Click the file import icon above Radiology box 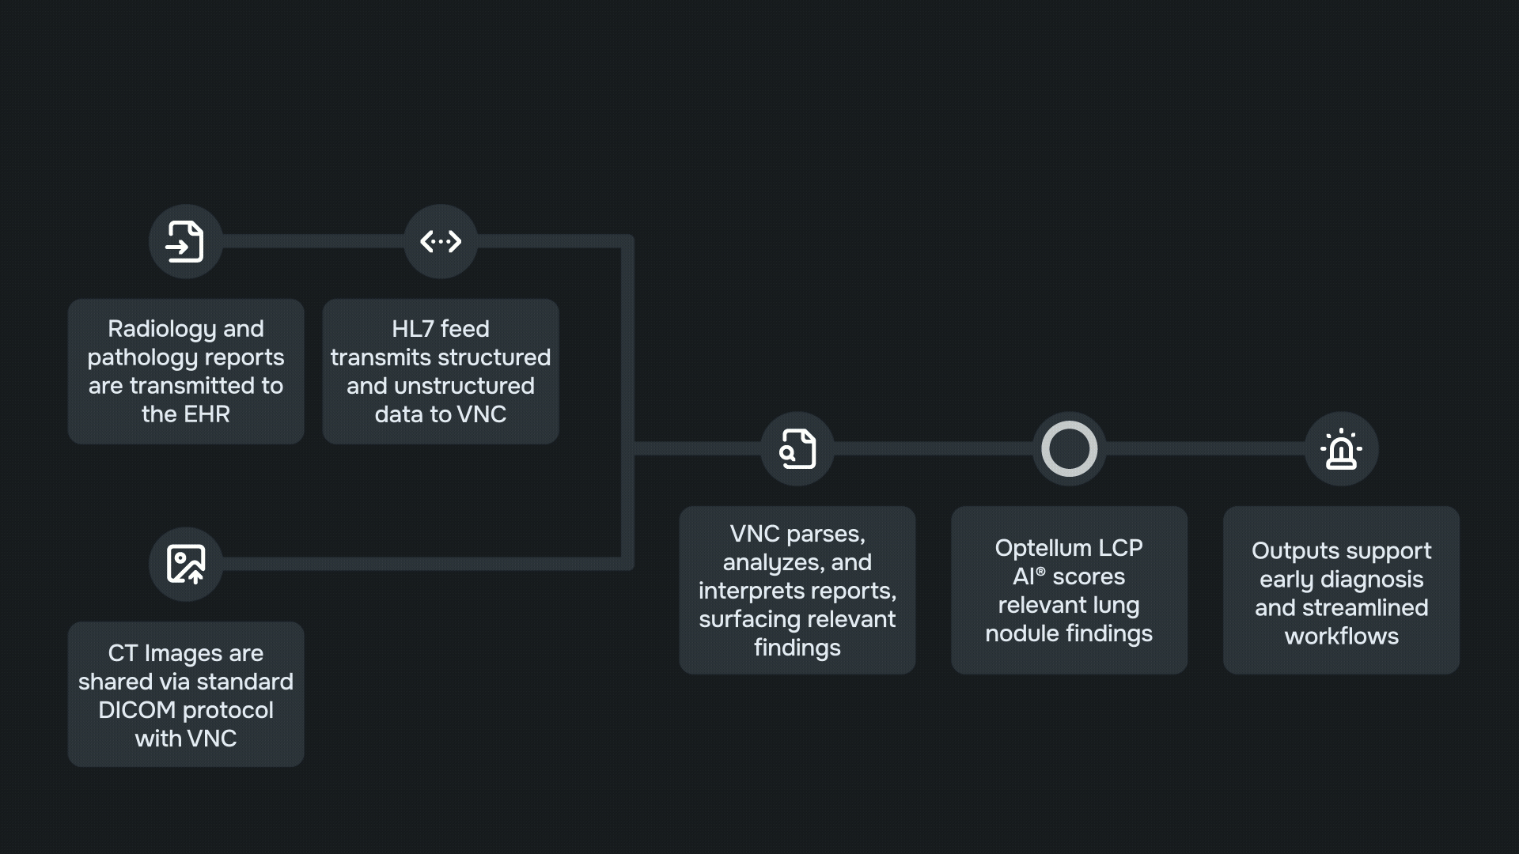(x=185, y=241)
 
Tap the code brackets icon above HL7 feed (x=441, y=241)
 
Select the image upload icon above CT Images (x=185, y=564)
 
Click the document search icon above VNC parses (x=797, y=448)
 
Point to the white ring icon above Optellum (x=1069, y=448)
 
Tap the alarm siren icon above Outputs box (x=1341, y=448)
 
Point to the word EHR (x=207, y=414)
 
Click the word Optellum (x=1042, y=548)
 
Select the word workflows (x=1341, y=637)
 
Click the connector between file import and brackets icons (x=313, y=241)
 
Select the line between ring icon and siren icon (x=1205, y=448)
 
